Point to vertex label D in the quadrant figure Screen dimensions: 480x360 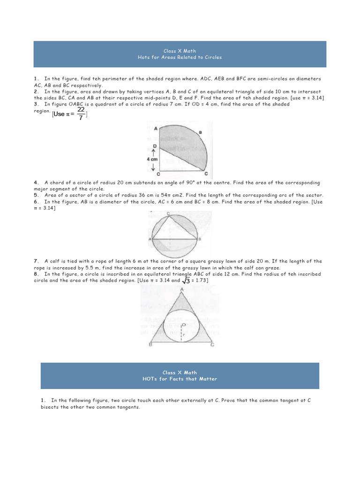(155, 146)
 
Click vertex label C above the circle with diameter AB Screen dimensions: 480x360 (168, 213)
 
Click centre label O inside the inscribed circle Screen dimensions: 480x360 (184, 324)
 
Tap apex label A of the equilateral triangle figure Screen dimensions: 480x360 (182, 289)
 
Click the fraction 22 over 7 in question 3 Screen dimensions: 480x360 (81, 113)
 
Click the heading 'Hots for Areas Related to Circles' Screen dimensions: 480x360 (180, 57)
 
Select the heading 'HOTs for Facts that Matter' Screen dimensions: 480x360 (180, 379)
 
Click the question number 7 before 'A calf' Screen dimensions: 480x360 (35, 261)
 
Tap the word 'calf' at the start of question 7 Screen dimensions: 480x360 (56, 261)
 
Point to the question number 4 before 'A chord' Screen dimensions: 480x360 (35, 182)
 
